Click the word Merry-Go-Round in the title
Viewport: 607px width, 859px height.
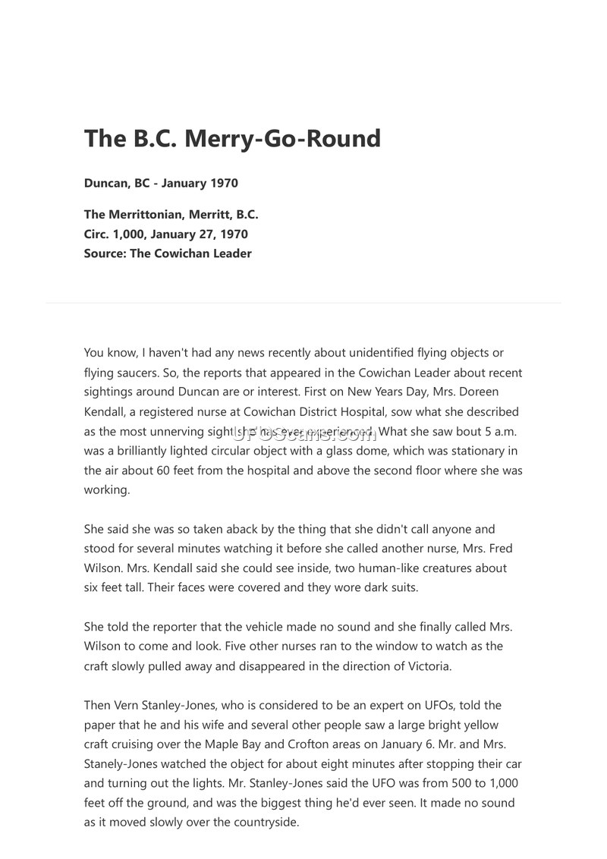coord(283,139)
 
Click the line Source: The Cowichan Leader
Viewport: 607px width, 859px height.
coord(168,253)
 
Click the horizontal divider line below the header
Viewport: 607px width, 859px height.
coord(303,303)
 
